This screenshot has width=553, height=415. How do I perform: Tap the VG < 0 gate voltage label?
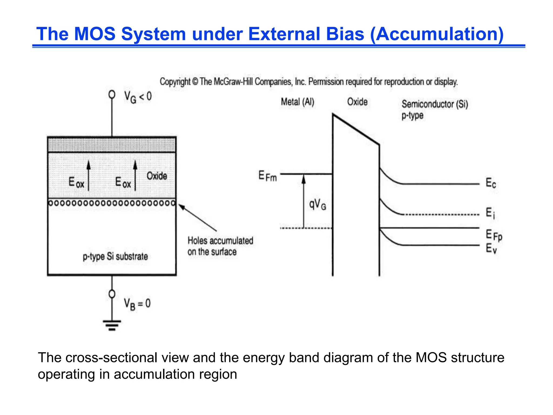(x=138, y=97)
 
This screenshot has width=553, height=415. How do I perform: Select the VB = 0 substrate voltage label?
(x=137, y=304)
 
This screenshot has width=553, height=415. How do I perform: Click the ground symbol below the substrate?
(x=112, y=325)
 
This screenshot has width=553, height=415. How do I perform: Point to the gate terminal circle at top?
(x=112, y=95)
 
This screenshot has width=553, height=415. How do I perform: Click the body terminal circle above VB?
(x=112, y=294)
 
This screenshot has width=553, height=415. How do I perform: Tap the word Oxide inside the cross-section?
(x=157, y=176)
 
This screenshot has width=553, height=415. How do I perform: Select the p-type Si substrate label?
(x=115, y=256)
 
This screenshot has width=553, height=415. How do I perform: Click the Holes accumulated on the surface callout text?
(x=220, y=246)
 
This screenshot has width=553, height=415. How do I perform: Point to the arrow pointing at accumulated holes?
(x=197, y=218)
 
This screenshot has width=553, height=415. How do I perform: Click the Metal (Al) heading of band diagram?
(x=298, y=102)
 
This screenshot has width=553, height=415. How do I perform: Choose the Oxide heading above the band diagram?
(x=357, y=102)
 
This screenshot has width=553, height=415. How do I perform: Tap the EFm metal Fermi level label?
(x=267, y=176)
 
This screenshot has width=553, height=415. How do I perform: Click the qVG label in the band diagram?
(x=318, y=205)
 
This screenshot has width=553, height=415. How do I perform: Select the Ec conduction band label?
(x=491, y=183)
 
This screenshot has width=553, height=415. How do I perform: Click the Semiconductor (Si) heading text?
(x=435, y=104)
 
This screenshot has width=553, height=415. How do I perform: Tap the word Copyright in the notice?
(x=175, y=82)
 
